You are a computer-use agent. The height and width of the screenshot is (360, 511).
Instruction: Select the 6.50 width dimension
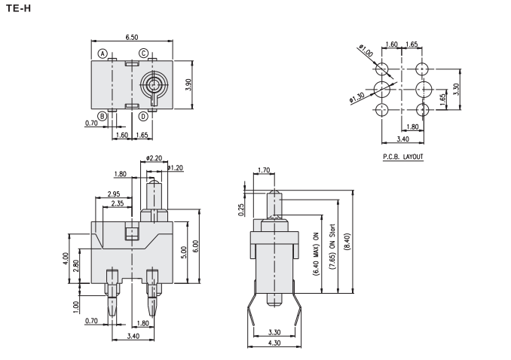[132, 36]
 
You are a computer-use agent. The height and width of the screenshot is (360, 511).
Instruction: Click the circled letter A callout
[101, 53]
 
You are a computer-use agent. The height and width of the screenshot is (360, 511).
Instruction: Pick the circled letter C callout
[142, 53]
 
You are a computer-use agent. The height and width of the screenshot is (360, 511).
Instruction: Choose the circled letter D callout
[142, 116]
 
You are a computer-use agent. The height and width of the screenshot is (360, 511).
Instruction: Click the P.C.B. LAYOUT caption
[402, 157]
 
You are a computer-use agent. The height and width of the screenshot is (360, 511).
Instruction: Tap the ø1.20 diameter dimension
[175, 166]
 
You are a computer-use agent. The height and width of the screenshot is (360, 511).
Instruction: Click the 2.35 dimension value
[118, 203]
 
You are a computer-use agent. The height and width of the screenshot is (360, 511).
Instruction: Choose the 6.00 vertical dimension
[197, 246]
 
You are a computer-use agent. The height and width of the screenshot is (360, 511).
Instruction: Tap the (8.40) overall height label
[345, 243]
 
